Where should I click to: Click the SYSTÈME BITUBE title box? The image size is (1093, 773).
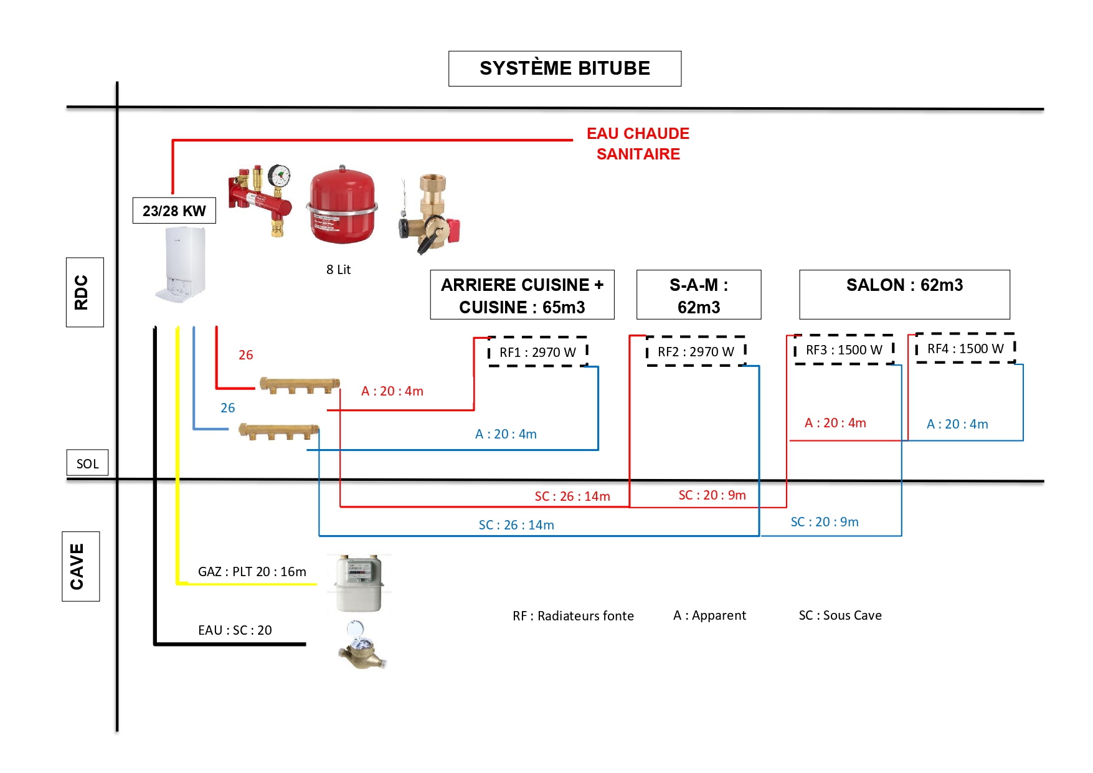click(564, 69)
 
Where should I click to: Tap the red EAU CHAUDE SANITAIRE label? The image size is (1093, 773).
click(638, 144)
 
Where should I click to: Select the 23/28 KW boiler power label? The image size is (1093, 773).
click(174, 211)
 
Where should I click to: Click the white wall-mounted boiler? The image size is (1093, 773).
click(181, 265)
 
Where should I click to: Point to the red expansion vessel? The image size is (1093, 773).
click(342, 206)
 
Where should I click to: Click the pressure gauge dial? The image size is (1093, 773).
click(280, 176)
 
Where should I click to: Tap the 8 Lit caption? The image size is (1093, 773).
click(338, 270)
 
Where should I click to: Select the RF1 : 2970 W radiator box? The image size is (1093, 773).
click(537, 353)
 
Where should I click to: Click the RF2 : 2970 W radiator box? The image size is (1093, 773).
click(696, 352)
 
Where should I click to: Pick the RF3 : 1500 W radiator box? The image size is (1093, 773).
click(844, 350)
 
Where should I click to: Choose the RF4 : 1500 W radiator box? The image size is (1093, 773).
click(965, 349)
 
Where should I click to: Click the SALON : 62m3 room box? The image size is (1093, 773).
click(904, 294)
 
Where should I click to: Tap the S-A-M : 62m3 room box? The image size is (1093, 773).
click(698, 295)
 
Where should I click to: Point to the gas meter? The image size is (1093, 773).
click(357, 583)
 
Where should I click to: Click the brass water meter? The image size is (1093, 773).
click(362, 647)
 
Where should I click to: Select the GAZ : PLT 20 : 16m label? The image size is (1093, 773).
click(252, 572)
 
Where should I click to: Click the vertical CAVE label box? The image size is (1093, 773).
click(80, 566)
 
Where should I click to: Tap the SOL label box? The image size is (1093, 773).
click(87, 463)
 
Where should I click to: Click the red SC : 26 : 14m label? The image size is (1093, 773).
click(572, 496)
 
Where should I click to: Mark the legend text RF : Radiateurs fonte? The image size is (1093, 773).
click(573, 616)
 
